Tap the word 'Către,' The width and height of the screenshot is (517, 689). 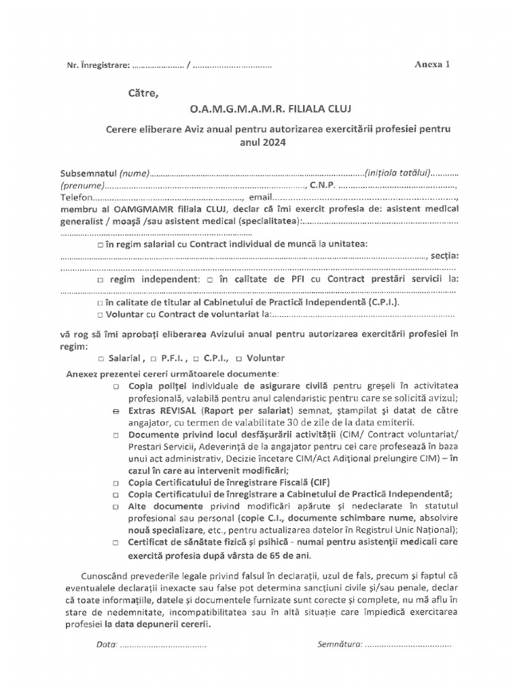(143, 93)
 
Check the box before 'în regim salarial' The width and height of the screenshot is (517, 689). (100, 244)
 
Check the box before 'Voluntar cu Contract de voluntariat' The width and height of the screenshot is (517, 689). (100, 314)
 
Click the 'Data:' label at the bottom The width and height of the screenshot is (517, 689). (107, 645)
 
